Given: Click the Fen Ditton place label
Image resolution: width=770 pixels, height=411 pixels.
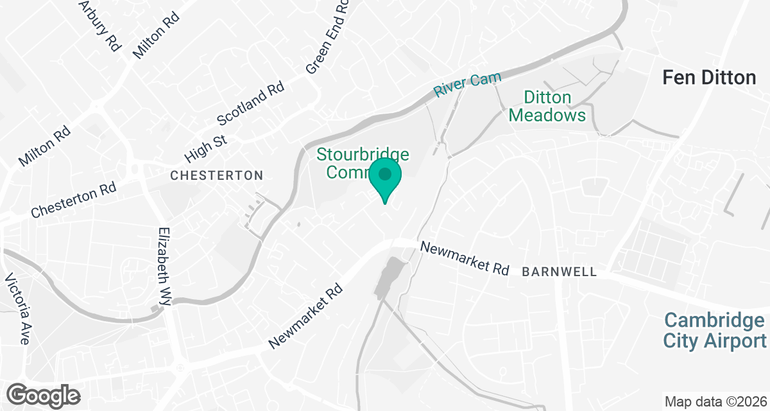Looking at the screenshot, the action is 709,78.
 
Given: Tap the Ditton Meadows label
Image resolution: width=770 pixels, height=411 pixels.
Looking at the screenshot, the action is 555,107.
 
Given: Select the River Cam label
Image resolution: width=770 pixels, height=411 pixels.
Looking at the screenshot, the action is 467,85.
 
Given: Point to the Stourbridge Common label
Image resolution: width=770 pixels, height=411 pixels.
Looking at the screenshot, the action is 359,163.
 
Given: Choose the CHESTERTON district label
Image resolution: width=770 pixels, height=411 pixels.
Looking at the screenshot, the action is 216,175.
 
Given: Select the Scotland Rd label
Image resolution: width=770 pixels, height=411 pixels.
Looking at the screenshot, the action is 250,104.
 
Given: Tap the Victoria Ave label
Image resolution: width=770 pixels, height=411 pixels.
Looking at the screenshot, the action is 17,309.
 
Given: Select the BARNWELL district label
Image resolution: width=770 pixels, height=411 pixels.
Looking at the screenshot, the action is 560,272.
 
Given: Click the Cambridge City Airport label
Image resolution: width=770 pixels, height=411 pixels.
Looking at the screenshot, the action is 715,331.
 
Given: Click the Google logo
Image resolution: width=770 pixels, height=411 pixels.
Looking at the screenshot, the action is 44,395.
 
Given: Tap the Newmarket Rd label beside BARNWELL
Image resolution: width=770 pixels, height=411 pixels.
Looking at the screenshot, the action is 465,258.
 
